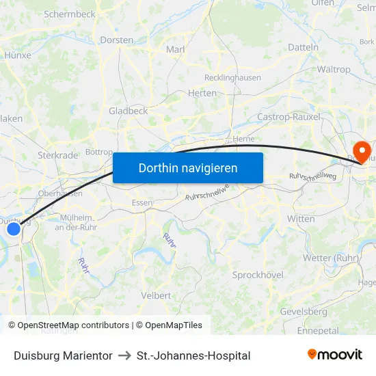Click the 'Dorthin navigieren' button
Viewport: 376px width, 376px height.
coord(188,167)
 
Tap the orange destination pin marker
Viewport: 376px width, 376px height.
coord(358,151)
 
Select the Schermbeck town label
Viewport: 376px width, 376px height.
coord(69,14)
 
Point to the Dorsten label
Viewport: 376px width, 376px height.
coord(117,40)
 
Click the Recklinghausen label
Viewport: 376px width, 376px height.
coord(232,77)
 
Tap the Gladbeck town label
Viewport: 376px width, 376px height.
coord(128,111)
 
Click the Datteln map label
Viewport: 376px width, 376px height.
coord(304,47)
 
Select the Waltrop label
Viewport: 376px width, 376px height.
coord(334,69)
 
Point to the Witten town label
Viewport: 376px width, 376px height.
coord(301,219)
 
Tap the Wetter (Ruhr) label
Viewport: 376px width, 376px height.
coord(331,258)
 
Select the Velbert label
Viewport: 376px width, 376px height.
coord(156,295)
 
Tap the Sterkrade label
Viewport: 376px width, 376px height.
coord(58,155)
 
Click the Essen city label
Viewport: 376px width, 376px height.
coord(142,202)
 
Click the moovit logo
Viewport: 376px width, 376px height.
coord(335,355)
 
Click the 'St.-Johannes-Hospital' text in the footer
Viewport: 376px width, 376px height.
coord(193,355)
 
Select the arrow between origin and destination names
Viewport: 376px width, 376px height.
coord(124,355)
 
